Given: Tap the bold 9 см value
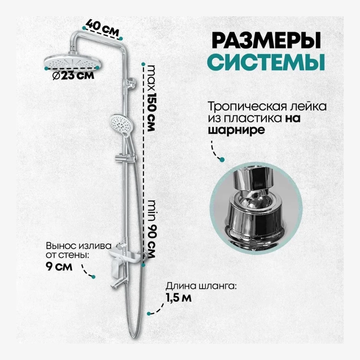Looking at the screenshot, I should point(58,267).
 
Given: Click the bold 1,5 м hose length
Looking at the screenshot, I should point(179,298).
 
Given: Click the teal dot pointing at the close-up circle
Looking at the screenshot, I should point(222,160).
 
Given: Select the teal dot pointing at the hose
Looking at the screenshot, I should point(149,313).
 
